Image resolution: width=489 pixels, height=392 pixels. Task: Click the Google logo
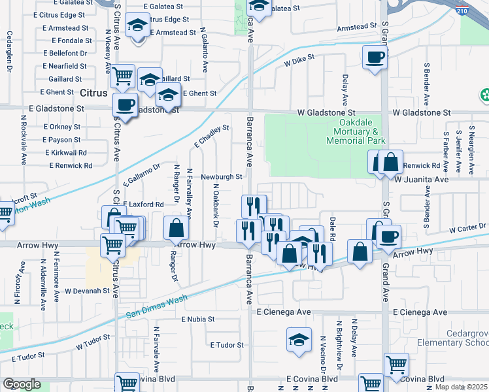[22, 384]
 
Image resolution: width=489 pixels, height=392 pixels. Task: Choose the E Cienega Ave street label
[283, 312]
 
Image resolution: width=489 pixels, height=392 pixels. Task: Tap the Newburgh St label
[221, 176]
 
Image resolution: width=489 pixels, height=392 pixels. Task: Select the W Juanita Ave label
[421, 179]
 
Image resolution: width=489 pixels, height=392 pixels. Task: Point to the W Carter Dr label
[468, 227]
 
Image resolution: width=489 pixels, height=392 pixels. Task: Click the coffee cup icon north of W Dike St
[375, 57]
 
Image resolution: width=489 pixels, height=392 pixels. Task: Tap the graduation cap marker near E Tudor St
[299, 340]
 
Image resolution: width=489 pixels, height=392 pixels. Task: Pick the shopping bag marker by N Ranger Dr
[176, 228]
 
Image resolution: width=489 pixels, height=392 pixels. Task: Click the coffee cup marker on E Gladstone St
[125, 104]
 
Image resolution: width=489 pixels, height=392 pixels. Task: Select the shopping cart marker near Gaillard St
[122, 76]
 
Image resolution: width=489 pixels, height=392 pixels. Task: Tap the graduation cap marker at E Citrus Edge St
[138, 25]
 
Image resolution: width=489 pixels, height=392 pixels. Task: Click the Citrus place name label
[94, 93]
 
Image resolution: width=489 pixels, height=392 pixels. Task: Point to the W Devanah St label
[86, 290]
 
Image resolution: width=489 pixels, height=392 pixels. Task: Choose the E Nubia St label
[198, 319]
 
